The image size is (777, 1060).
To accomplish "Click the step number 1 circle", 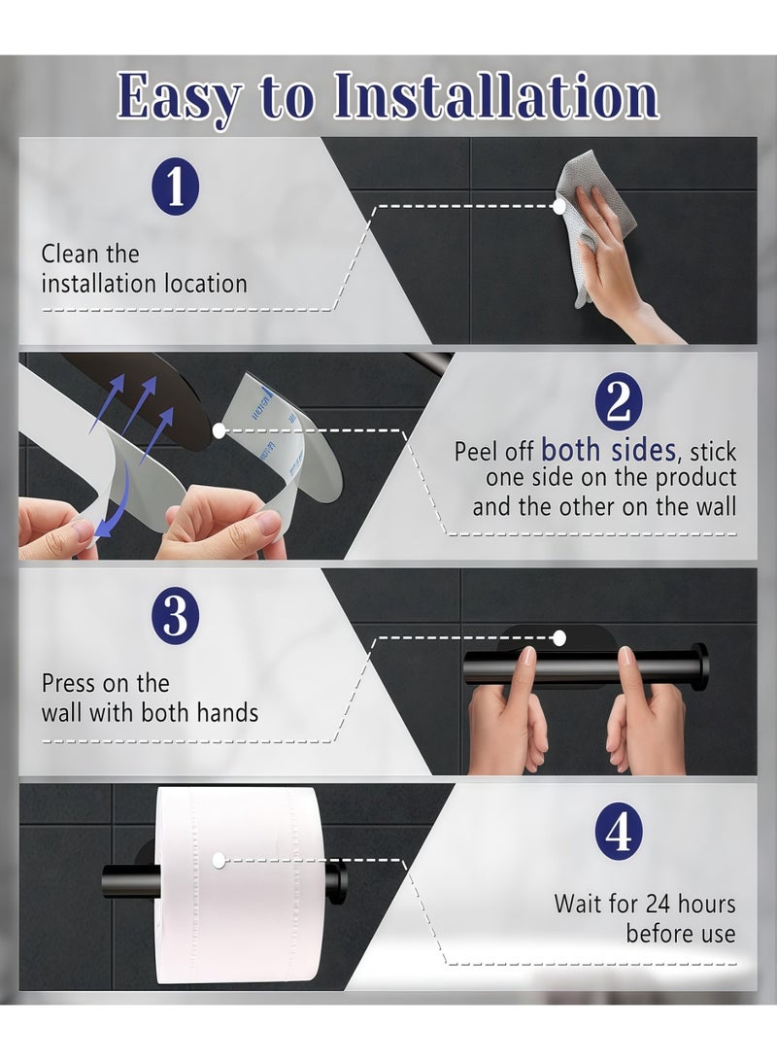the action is (175, 187).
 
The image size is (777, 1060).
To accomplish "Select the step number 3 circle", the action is (175, 614).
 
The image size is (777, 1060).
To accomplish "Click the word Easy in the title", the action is (179, 97).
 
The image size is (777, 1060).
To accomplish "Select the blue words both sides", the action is (608, 449).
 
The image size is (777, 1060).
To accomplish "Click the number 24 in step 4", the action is (659, 904).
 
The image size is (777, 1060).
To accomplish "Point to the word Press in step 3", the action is (71, 683).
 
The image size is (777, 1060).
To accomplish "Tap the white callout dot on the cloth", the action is (558, 207).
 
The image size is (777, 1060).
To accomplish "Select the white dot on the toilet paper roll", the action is (218, 861).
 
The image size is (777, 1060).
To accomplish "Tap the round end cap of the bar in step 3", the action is (701, 666).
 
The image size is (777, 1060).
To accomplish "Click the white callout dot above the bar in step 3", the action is (558, 636).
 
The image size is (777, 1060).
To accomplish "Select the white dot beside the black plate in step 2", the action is (219, 430).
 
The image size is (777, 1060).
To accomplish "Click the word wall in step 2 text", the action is (716, 507).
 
